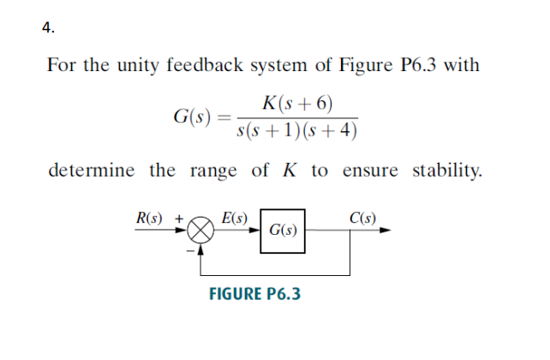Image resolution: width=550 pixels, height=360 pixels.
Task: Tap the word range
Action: [x=213, y=170]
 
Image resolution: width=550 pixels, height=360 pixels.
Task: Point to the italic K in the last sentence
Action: [x=287, y=170]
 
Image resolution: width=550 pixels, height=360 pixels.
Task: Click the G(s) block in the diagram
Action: [x=283, y=231]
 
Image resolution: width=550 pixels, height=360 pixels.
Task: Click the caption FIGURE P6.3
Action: [x=255, y=295]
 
